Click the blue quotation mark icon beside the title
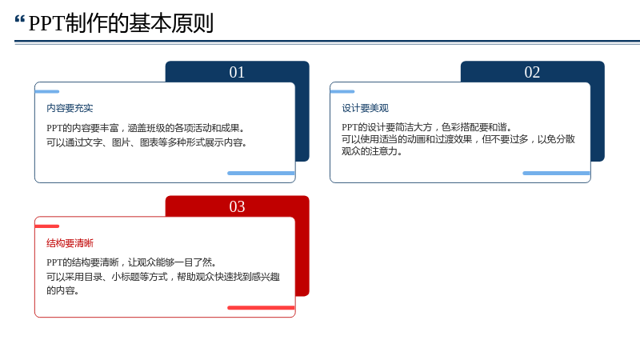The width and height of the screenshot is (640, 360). (x=19, y=19)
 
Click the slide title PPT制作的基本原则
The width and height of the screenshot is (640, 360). (x=121, y=23)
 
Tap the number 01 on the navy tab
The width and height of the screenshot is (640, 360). (x=237, y=72)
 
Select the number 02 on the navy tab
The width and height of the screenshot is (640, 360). (x=532, y=72)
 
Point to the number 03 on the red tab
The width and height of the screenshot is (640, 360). (x=237, y=206)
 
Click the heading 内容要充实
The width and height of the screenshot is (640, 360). (x=70, y=108)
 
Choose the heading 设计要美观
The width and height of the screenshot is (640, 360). (x=366, y=108)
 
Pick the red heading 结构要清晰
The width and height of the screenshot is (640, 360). (x=70, y=243)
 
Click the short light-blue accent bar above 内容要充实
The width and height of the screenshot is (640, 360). (x=47, y=91)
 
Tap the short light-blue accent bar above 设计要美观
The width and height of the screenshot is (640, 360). (x=342, y=91)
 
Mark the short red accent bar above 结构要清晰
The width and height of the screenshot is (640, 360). (x=47, y=226)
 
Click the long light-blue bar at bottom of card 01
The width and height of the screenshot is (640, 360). (x=262, y=173)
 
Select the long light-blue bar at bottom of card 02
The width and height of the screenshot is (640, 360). (x=556, y=173)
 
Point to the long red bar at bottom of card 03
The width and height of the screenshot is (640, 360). (x=262, y=308)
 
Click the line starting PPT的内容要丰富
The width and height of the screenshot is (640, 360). (x=146, y=128)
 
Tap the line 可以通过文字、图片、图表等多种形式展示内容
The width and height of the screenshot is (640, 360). (x=146, y=142)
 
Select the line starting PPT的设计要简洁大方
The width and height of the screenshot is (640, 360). (x=427, y=127)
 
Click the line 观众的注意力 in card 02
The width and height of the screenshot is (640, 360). (x=372, y=151)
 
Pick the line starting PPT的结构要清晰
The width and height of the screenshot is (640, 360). (x=131, y=262)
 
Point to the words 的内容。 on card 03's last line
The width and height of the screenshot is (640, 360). (x=63, y=290)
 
